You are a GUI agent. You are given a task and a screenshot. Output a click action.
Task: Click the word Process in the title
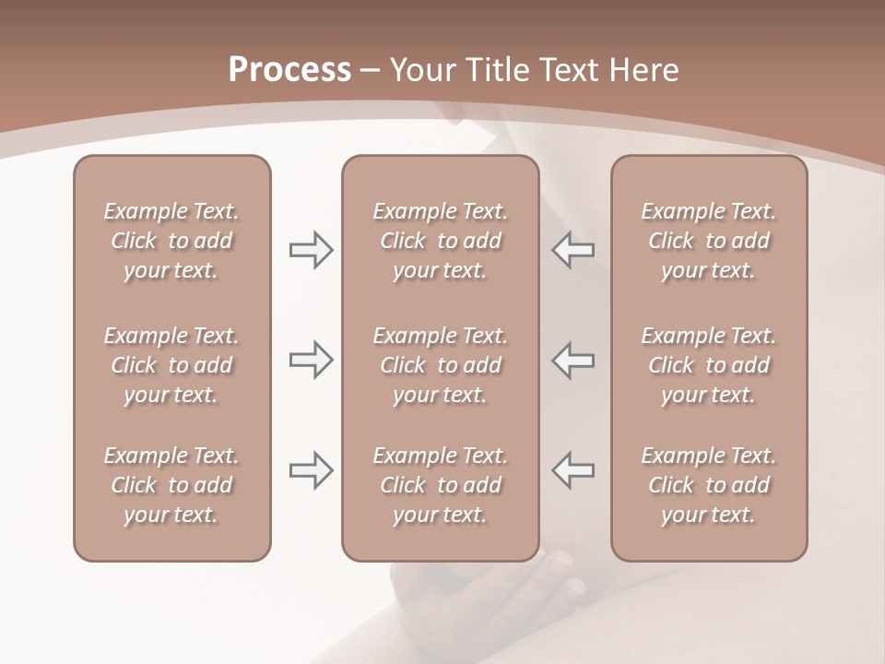coord(289,70)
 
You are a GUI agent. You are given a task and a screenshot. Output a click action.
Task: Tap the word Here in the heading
coord(645,70)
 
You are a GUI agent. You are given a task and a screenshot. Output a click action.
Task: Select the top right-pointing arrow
coord(311,250)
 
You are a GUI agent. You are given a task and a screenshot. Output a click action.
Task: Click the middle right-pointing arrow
coord(311,360)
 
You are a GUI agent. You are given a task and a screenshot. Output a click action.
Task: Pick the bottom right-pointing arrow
coord(311,470)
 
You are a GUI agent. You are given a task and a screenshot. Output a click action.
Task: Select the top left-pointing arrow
coord(573,250)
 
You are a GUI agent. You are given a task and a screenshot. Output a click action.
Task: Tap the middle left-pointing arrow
coord(573,360)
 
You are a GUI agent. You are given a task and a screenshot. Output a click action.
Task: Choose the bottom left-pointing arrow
coord(573,470)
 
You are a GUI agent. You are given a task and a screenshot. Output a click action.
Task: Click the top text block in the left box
coord(171,241)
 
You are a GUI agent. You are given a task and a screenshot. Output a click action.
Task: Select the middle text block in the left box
coord(171,365)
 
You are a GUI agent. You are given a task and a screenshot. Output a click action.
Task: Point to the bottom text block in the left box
coord(171,485)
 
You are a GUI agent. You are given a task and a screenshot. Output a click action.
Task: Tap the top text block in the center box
coord(440,241)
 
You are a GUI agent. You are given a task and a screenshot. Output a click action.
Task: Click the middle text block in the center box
coord(440,365)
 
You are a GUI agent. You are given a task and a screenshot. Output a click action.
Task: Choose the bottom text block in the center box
coord(440,485)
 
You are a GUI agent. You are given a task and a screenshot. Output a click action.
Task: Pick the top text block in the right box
coord(708,241)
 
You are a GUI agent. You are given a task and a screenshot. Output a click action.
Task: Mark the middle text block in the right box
coord(708,365)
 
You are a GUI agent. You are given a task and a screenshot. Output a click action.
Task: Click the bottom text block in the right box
coord(708,485)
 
